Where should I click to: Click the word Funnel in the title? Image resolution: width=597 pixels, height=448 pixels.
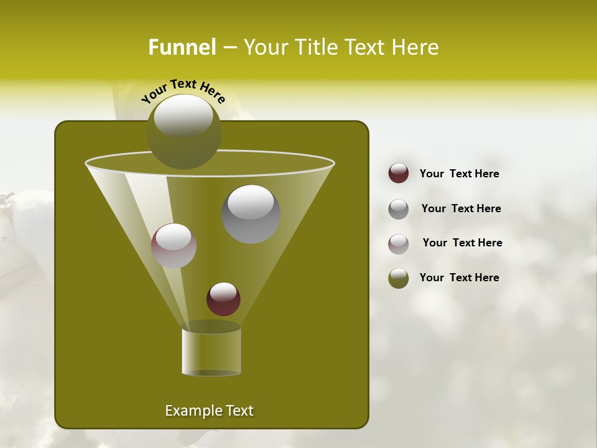click(182, 47)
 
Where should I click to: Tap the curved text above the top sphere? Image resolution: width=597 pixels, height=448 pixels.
click(183, 91)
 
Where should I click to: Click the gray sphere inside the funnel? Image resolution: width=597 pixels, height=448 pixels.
click(251, 214)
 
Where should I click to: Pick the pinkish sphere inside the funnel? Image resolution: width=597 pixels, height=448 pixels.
click(174, 246)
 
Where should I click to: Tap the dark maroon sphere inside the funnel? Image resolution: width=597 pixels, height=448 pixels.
click(223, 299)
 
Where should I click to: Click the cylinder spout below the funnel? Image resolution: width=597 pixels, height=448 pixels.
click(211, 352)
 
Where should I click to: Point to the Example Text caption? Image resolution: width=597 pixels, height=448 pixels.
click(209, 411)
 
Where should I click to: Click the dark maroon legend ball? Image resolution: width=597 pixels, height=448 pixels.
click(399, 174)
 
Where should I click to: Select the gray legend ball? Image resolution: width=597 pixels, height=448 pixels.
click(399, 209)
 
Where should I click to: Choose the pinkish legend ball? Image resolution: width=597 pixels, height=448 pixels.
click(399, 243)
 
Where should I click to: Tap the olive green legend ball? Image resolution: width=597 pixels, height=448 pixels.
click(399, 278)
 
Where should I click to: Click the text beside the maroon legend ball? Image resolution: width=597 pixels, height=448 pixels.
click(459, 174)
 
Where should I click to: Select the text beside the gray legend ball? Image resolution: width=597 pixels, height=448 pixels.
click(461, 208)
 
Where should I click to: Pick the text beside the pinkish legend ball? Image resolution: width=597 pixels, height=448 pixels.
click(462, 243)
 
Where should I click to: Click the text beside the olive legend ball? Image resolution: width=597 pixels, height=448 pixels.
click(459, 278)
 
